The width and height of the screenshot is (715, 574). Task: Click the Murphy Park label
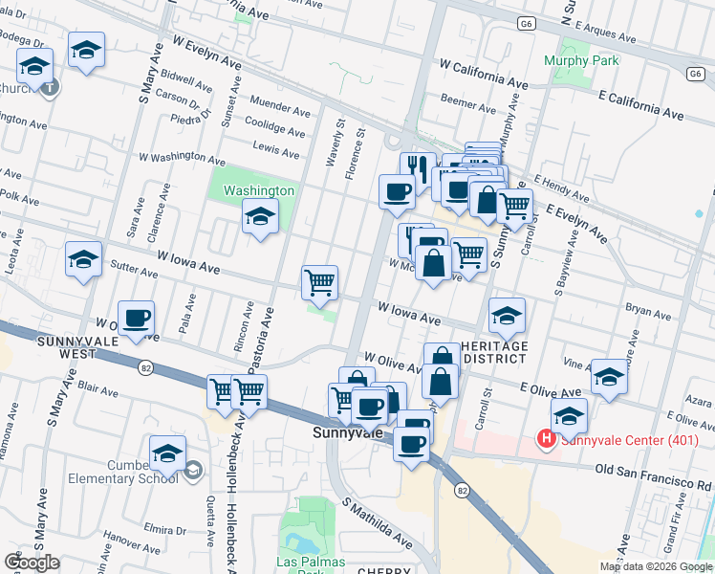click(581, 61)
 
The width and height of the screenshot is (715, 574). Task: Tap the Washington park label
click(258, 190)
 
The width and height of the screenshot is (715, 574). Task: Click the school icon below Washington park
click(260, 218)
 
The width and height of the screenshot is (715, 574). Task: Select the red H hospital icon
click(546, 439)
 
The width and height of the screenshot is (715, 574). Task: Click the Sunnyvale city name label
click(349, 432)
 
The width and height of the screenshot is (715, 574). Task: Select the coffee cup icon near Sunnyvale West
click(136, 319)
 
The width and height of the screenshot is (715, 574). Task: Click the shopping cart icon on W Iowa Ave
click(319, 282)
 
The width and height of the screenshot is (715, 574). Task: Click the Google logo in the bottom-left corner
click(31, 563)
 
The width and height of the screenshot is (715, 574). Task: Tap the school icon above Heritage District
click(507, 315)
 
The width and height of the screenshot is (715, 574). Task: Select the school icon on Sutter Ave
click(83, 260)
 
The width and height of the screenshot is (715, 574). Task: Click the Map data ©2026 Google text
click(656, 566)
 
